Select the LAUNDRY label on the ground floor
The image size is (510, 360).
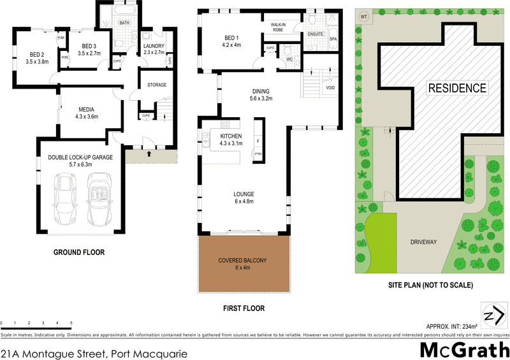154,46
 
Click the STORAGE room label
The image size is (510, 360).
157,85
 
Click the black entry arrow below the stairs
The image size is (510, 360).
149,154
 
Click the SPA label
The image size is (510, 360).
333,39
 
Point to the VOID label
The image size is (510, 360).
330,87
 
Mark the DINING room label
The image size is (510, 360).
261,91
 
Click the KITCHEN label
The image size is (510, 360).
231,136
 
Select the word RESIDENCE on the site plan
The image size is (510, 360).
457,88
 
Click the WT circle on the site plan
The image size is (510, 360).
364,16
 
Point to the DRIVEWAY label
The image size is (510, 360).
423,242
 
